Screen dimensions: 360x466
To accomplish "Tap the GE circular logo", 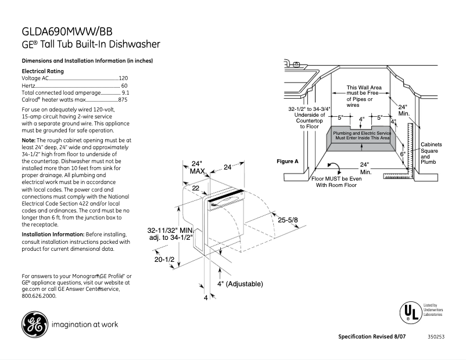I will point(34,325).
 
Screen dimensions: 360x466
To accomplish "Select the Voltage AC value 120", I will point(123,78).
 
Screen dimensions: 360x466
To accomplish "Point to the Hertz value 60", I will point(124,85).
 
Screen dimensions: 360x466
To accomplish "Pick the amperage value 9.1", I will point(125,92).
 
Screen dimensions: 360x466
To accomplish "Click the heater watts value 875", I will point(123,100).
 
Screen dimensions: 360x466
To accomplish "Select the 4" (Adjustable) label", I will point(240,284).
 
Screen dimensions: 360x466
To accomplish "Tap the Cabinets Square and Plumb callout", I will point(431,153).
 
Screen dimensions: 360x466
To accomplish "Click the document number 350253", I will point(435,337).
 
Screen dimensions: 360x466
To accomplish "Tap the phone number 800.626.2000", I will point(39,296).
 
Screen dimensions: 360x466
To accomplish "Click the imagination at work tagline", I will point(85,325).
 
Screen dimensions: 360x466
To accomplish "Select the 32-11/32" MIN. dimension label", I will point(170,230).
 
